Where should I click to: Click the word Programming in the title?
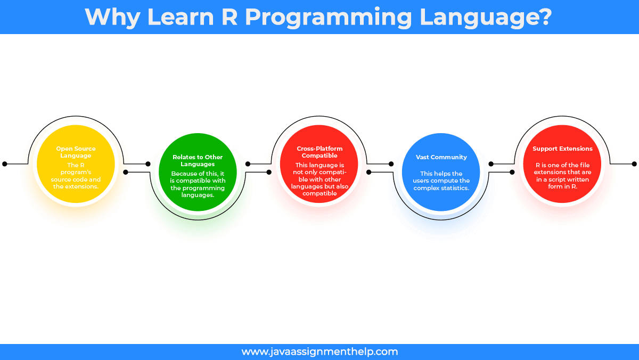[x=329, y=18]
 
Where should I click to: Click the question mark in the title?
[x=544, y=17]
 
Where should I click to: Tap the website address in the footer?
[x=319, y=351]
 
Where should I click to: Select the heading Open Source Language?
[x=76, y=152]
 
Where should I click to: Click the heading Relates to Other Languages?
[x=198, y=161]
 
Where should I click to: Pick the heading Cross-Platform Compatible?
[x=319, y=152]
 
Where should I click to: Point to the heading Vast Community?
[x=441, y=157]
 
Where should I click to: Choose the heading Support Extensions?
[x=562, y=149]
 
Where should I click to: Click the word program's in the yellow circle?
[x=76, y=173]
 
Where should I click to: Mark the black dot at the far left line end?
[x=5, y=164]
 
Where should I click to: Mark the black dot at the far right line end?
[x=634, y=164]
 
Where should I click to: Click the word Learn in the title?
[x=181, y=17]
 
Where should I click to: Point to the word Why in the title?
[x=112, y=18]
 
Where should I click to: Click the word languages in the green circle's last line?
[x=198, y=195]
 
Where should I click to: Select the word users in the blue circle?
[x=421, y=181]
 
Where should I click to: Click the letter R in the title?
[x=230, y=17]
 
